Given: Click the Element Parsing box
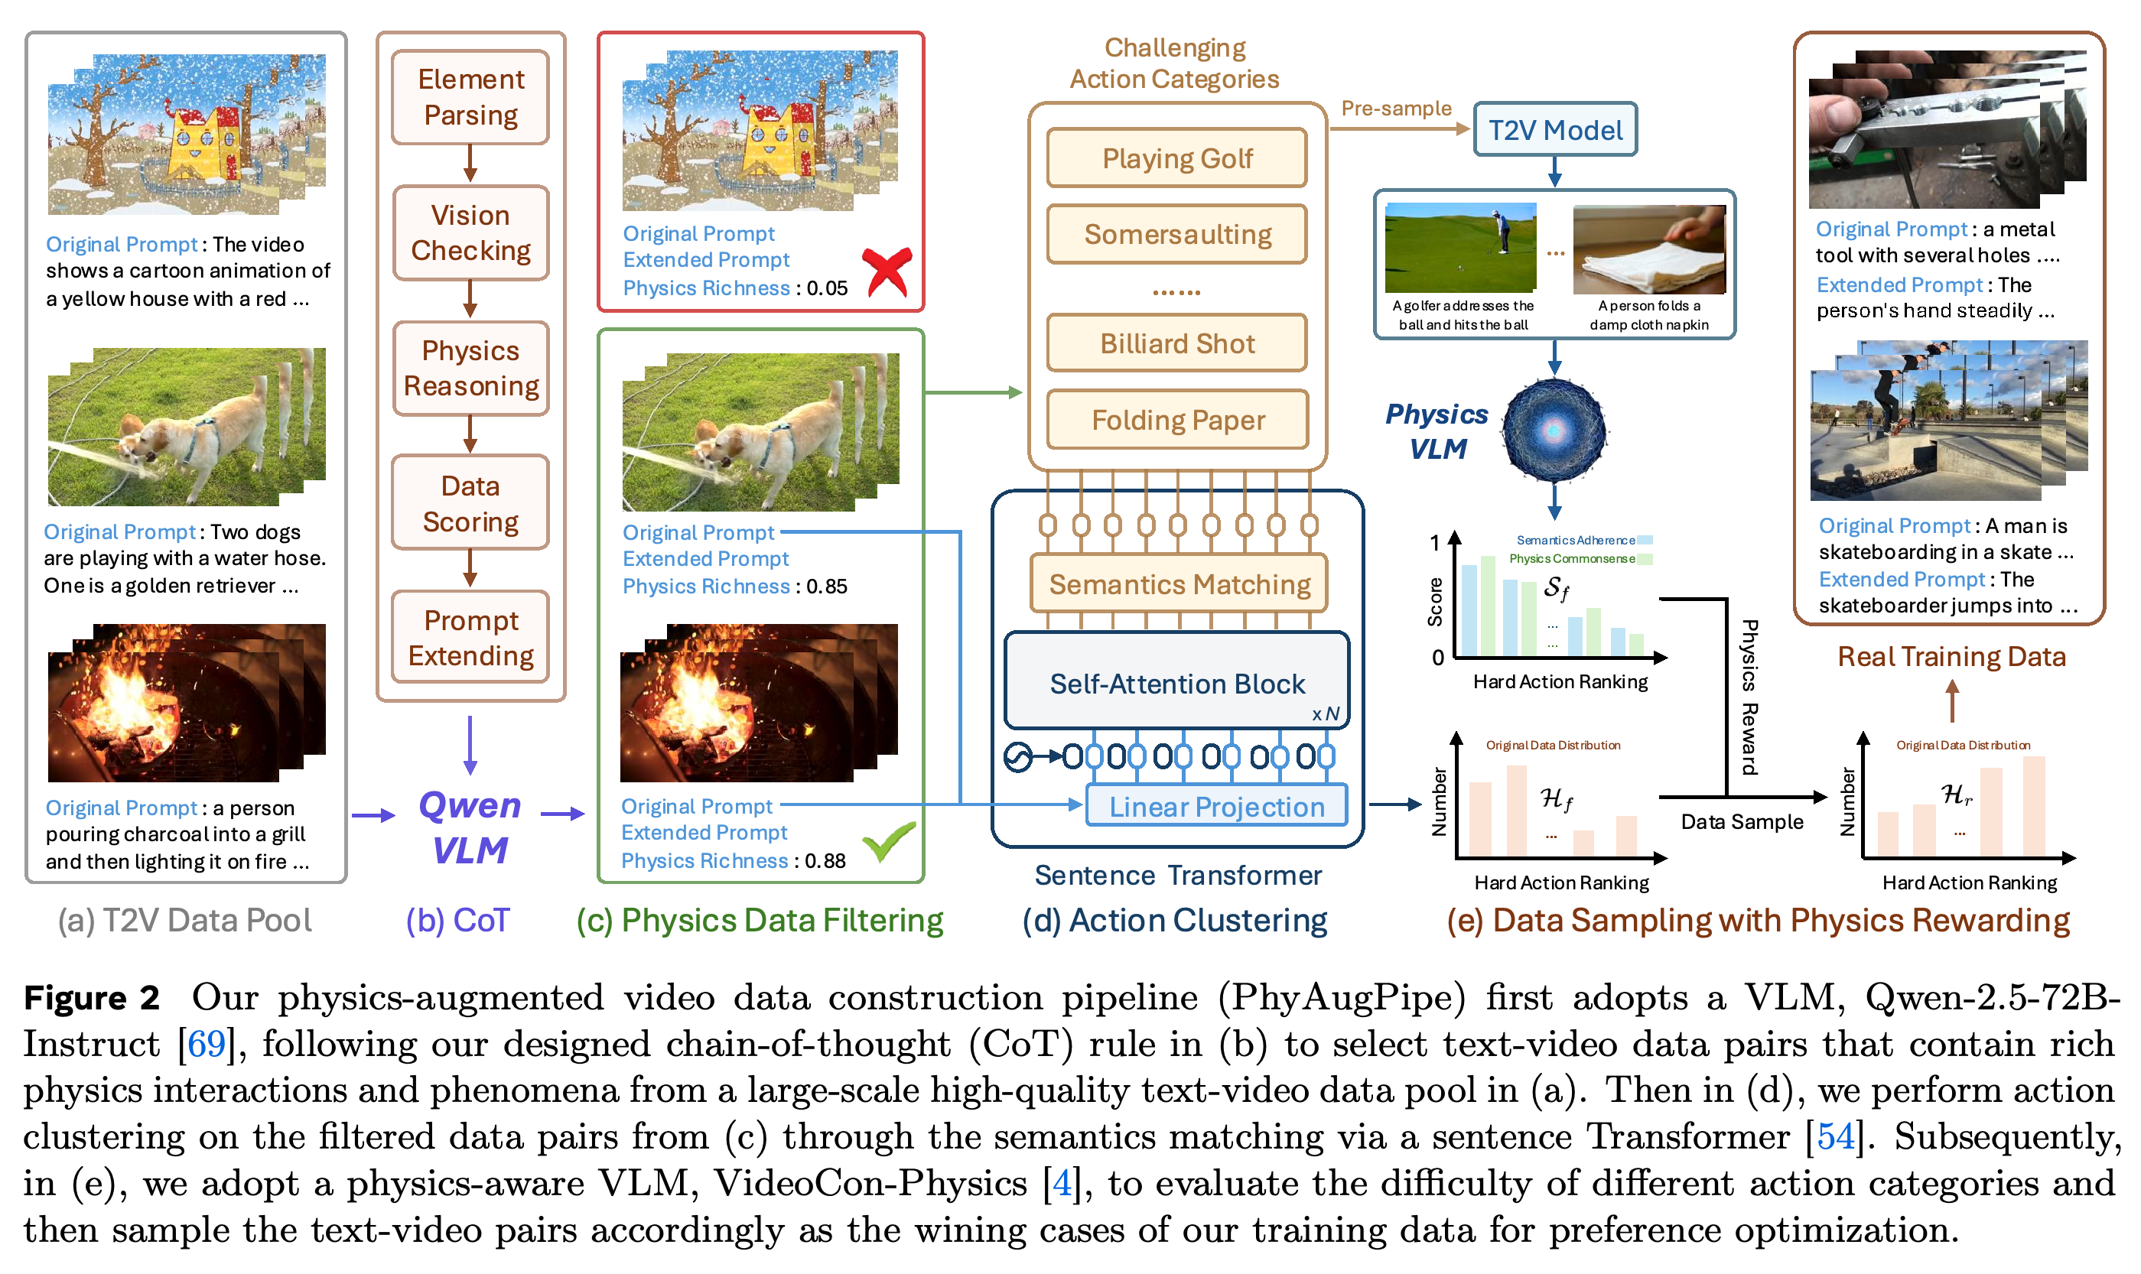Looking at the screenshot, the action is coord(470,97).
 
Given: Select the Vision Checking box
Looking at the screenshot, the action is coord(470,232).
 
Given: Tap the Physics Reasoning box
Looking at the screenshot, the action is coord(470,369).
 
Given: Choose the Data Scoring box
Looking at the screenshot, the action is coord(470,503).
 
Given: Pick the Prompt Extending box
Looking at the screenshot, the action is coord(470,637).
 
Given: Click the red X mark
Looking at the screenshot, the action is coord(887,272).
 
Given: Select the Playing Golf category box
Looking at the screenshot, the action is coord(1177,158).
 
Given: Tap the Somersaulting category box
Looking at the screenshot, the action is coord(1177,233).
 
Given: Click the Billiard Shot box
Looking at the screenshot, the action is coord(1177,343).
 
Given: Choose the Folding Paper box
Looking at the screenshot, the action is coord(1178,420).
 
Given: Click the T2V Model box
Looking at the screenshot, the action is coord(1554,130).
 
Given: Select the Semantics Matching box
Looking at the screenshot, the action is coord(1179,583).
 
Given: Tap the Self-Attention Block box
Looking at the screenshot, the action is coord(1177,681).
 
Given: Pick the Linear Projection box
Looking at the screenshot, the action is coord(1216,806).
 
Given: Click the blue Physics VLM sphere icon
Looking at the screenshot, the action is coord(1554,429).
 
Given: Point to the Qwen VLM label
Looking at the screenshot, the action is coord(470,827).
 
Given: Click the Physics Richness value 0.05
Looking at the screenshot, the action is coord(827,288).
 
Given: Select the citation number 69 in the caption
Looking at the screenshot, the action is coord(206,1044).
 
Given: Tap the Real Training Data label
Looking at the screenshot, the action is coord(1951,657).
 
